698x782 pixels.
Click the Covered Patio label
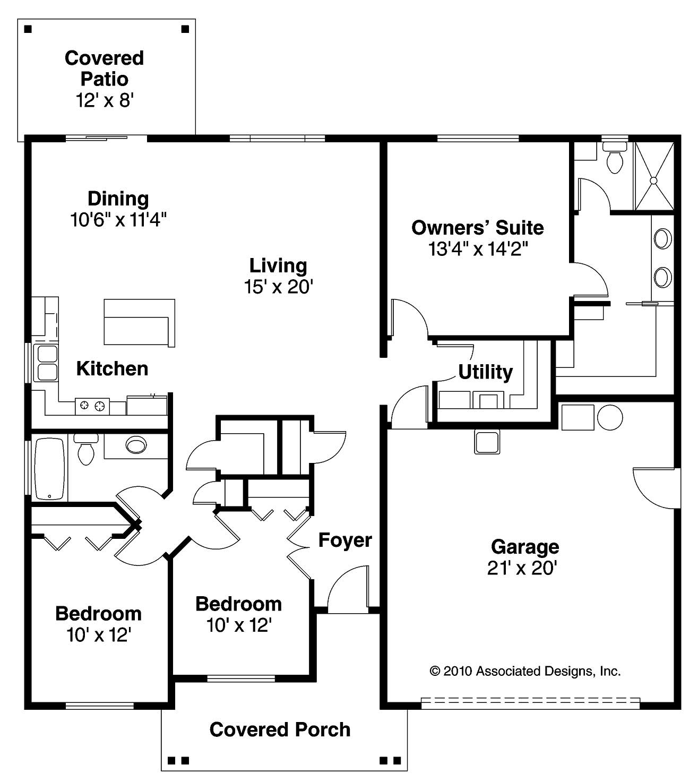click(104, 68)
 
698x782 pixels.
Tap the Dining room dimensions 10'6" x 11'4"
click(118, 219)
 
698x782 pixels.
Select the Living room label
click(278, 265)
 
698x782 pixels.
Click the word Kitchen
click(112, 368)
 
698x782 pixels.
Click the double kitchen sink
click(46, 363)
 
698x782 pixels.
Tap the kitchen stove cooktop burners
click(92, 406)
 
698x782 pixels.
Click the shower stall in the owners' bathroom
click(654, 176)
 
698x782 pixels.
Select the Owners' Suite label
click(477, 228)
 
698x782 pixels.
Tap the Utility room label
click(485, 372)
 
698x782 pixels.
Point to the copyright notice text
click(524, 671)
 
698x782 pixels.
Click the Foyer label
click(345, 540)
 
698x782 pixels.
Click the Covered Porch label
click(280, 729)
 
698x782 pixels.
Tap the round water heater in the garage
click(609, 418)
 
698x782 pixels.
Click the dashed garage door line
click(530, 702)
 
